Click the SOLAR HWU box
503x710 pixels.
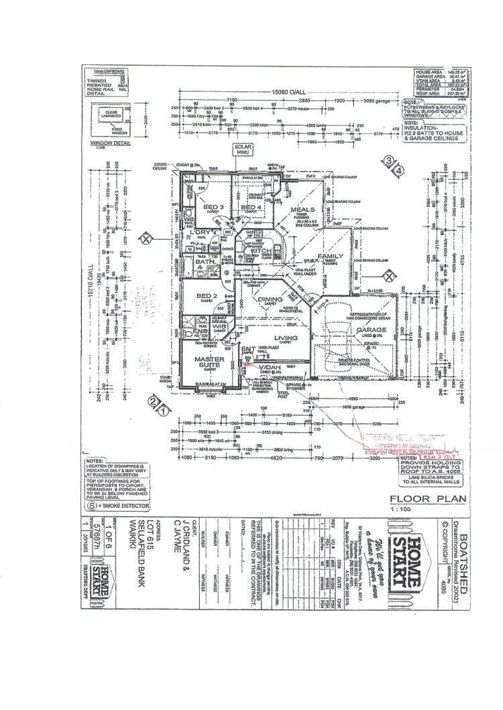tap(241, 150)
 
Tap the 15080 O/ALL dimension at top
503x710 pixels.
tap(284, 92)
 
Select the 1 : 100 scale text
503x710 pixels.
tap(410, 511)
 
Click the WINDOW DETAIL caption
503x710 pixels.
tap(105, 143)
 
